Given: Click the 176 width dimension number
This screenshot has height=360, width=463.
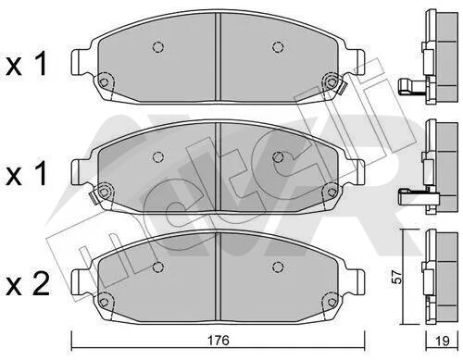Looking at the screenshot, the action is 219,341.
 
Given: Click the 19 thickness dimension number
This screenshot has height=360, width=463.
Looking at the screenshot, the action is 443,341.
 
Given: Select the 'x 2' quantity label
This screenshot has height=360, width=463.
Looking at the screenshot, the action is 28,284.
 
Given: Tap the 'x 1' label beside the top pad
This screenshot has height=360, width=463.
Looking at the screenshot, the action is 26,64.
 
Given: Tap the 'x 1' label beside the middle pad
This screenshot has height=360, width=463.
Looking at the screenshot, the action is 26,174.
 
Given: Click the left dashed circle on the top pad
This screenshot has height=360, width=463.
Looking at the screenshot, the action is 158,47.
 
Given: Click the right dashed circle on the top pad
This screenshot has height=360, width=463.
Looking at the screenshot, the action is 278,47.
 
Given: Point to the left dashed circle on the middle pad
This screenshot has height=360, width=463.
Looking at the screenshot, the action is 158,157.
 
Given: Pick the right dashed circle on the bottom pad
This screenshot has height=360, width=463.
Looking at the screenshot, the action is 278,267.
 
